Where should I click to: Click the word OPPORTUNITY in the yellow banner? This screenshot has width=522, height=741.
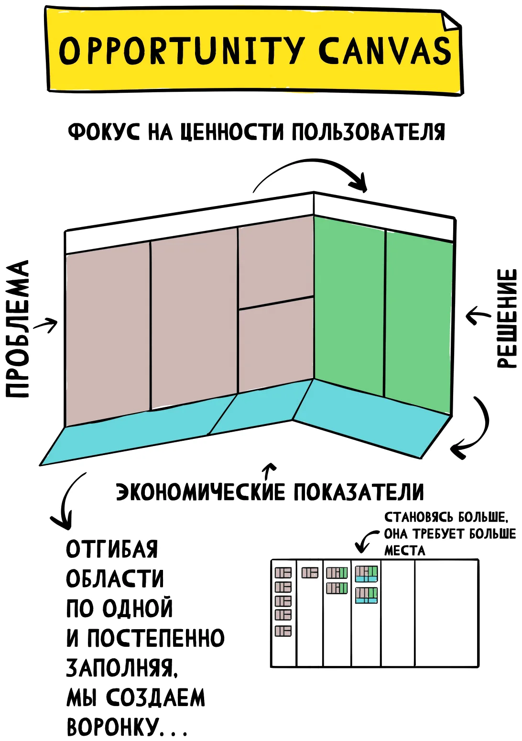182,50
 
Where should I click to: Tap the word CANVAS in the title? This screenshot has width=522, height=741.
385,50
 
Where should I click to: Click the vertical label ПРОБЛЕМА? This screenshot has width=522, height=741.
17,328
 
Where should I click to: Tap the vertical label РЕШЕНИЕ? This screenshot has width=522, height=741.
506,318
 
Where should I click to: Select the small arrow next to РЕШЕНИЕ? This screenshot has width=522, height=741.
478,315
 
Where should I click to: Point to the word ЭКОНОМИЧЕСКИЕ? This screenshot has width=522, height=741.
200,492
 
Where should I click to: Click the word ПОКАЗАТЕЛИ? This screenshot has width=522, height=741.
359,492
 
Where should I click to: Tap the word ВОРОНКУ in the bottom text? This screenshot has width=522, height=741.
111,727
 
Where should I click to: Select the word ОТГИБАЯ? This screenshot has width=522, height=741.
112,549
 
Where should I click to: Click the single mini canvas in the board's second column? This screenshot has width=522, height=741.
310,573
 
